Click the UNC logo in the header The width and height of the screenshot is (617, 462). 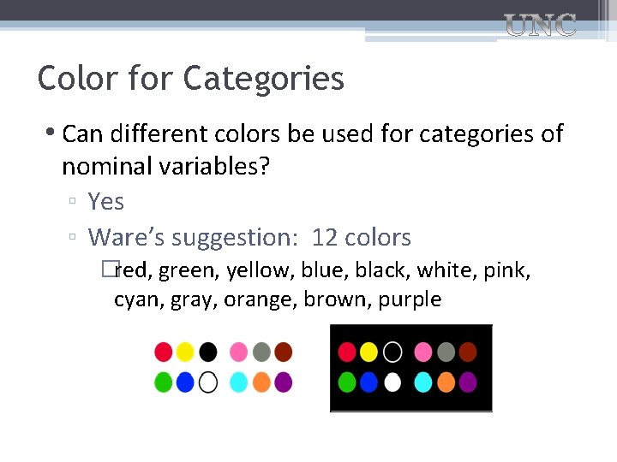[540, 26]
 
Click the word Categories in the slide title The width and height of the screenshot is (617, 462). [263, 79]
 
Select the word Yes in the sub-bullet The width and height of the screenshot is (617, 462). [106, 202]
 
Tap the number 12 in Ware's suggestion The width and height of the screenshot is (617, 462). [325, 237]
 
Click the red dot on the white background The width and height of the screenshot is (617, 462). [164, 352]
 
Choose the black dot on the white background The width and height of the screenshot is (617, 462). [208, 352]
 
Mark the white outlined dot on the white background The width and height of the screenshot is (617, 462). [208, 382]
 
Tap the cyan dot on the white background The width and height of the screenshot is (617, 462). [239, 382]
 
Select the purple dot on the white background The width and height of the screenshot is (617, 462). [284, 382]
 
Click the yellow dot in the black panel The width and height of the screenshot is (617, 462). [368, 352]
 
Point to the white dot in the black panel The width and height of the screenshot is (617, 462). [392, 382]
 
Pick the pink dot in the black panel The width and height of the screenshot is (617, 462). [423, 352]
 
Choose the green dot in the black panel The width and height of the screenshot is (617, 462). [347, 382]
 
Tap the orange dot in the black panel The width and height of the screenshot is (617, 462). [446, 382]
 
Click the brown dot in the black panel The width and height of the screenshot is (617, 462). [468, 352]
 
